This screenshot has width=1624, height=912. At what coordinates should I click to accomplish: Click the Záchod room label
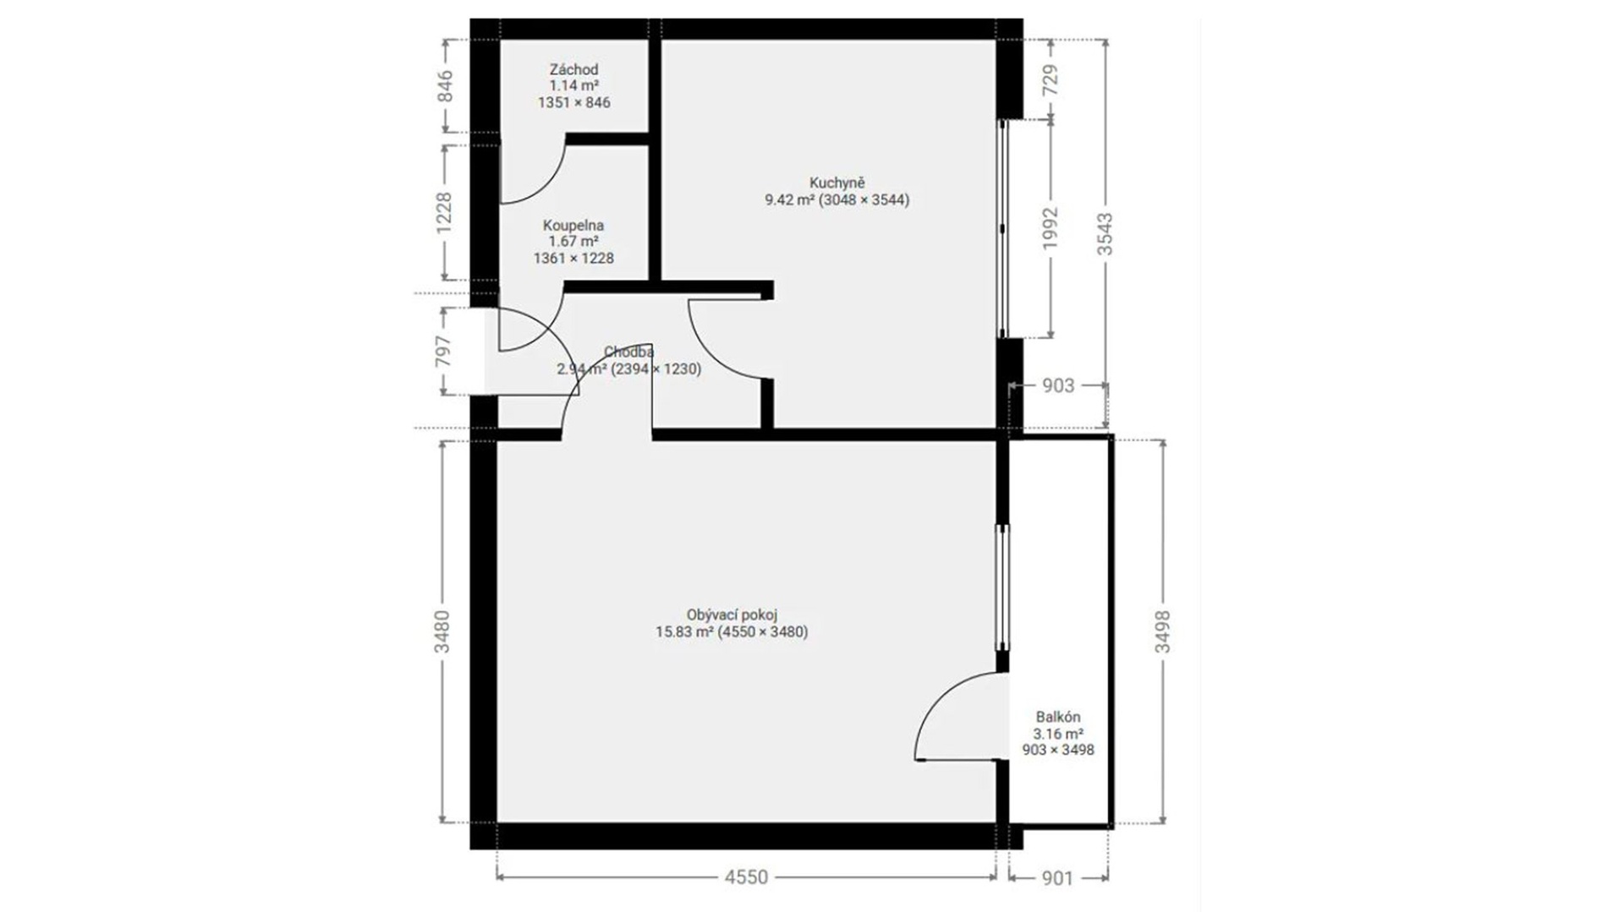tap(573, 70)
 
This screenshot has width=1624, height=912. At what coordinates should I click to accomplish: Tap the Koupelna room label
tap(573, 226)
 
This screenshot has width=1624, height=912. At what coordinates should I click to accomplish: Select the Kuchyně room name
tap(837, 183)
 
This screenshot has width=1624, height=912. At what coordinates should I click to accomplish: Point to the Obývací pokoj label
tap(732, 615)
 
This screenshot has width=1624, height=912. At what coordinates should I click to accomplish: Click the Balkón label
tap(1058, 718)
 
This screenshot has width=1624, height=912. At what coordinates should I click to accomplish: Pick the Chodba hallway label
tap(628, 352)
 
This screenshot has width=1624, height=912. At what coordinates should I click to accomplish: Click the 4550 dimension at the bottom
tap(746, 877)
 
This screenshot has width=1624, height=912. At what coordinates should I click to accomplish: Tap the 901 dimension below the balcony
tap(1056, 878)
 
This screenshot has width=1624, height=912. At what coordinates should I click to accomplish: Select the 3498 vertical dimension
tap(1163, 631)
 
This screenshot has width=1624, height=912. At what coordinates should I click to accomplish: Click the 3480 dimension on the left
tap(442, 631)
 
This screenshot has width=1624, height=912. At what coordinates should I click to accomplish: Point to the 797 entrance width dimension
tap(443, 351)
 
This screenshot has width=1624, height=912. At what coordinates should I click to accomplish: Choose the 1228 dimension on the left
tap(443, 213)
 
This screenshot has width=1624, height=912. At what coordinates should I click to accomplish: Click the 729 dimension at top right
tap(1050, 80)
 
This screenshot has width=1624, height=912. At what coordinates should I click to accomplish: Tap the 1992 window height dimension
tap(1050, 228)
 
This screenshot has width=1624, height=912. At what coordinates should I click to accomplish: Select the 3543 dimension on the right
tap(1105, 233)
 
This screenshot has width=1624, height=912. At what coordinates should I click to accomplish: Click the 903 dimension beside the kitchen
tap(1057, 385)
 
